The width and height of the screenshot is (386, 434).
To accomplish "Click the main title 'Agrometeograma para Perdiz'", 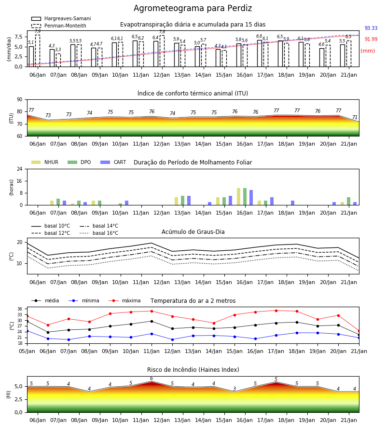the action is (193, 8).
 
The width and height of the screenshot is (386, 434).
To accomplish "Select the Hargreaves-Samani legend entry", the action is (61, 18).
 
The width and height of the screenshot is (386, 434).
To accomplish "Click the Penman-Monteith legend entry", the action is (59, 26).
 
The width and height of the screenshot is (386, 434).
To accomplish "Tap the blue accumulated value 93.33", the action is (371, 28).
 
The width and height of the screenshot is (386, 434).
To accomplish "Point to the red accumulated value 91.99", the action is (371, 39).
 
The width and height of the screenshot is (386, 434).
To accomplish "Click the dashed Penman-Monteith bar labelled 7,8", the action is (162, 51).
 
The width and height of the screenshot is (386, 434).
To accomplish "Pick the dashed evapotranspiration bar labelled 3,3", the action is (58, 60).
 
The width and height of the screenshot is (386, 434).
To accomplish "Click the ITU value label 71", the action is (355, 117).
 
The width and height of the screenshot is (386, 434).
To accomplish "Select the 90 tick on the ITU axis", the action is (20, 100).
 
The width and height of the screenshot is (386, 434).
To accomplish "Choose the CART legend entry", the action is (113, 162).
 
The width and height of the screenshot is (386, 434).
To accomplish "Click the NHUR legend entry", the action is (45, 162).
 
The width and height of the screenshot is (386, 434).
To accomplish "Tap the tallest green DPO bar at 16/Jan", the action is (245, 197).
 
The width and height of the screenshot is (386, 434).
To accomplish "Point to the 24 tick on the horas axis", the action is (20, 169).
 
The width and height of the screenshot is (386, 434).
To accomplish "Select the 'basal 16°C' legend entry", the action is (99, 233).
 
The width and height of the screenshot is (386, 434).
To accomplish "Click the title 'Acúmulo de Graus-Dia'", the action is (193, 231).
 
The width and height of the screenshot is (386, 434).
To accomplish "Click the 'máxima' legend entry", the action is (124, 300).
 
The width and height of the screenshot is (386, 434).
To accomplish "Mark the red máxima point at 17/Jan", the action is (276, 311).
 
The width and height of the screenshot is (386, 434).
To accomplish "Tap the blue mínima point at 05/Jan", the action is (27, 331).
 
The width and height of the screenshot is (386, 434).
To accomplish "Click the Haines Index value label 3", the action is (234, 389).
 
